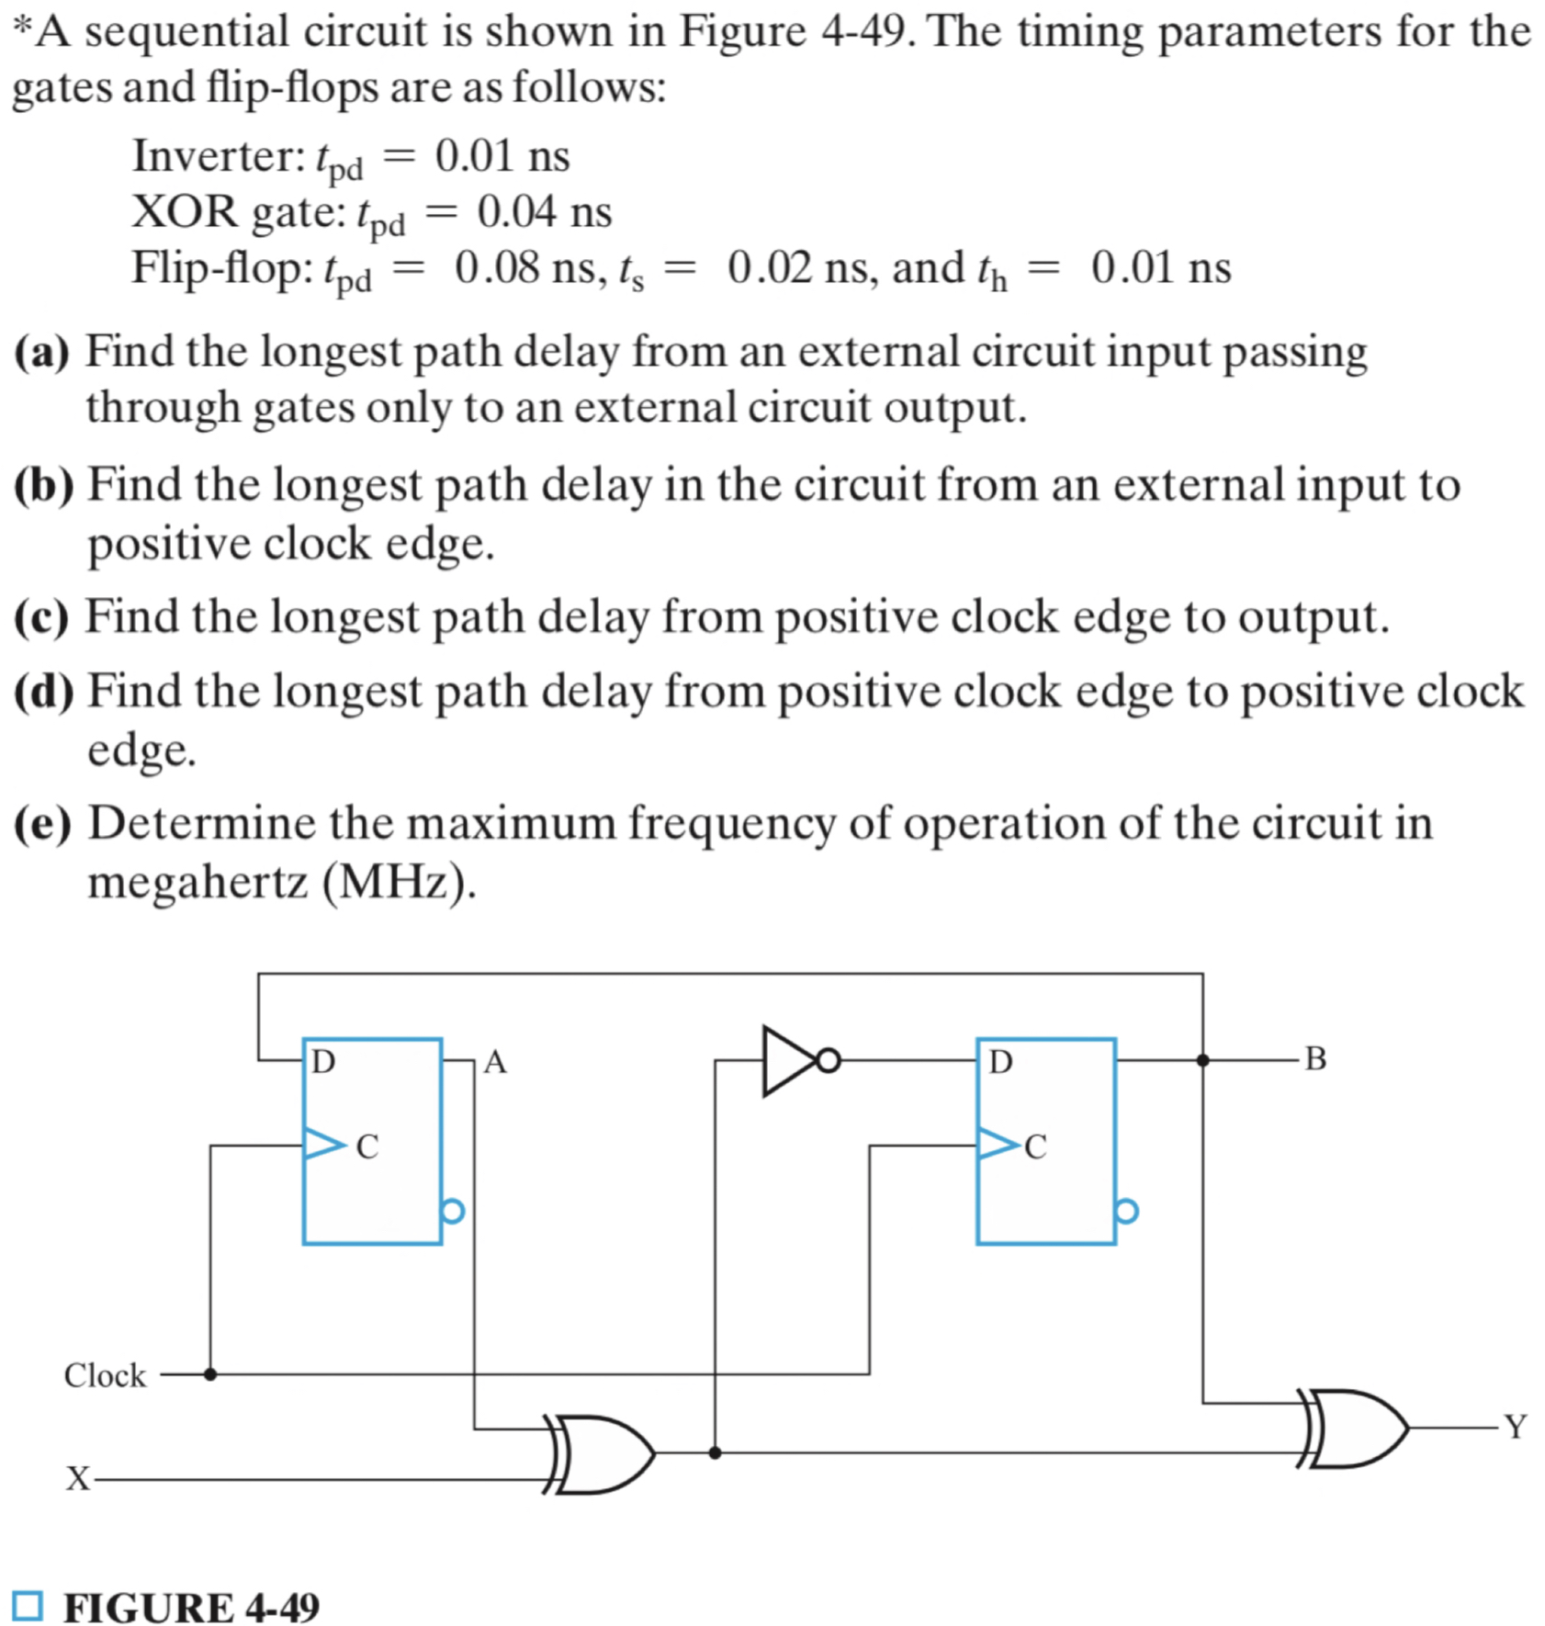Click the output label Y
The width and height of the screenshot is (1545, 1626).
[x=1515, y=1427]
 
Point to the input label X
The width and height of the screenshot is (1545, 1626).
[x=78, y=1479]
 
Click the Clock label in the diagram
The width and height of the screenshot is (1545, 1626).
[x=105, y=1375]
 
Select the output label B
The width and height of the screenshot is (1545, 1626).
[x=1315, y=1059]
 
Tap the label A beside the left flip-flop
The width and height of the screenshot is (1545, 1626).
[x=495, y=1062]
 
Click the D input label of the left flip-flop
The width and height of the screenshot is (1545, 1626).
[x=323, y=1062]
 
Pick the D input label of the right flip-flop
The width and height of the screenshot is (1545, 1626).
[x=1000, y=1062]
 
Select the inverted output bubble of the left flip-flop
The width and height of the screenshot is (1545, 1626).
[x=453, y=1211]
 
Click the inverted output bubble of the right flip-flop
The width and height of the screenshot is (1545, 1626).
[x=1127, y=1211]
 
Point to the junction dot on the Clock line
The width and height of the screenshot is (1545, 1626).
[x=210, y=1374]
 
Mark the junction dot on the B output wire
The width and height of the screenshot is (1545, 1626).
[x=1202, y=1060]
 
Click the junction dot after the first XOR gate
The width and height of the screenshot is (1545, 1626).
[x=715, y=1453]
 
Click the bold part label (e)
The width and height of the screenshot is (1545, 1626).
[x=42, y=823]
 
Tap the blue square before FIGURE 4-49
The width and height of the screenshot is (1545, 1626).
[x=28, y=1606]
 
